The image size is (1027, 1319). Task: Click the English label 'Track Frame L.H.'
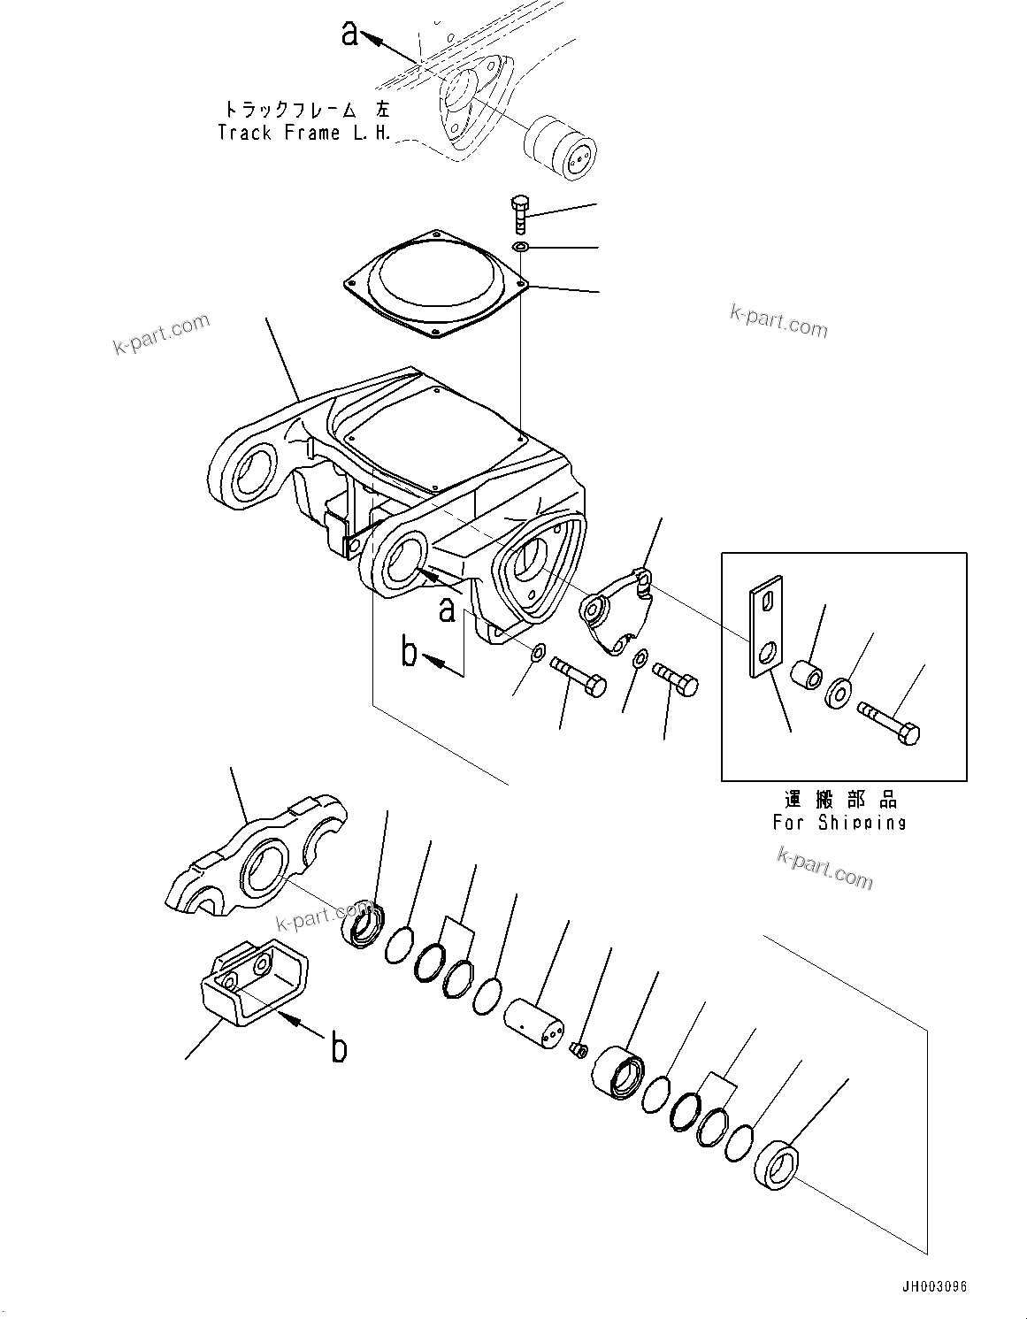(303, 134)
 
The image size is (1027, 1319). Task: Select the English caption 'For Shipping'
(839, 822)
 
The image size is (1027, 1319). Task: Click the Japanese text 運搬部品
(839, 800)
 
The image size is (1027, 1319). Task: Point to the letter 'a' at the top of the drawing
(350, 34)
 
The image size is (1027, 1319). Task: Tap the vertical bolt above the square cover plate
(519, 215)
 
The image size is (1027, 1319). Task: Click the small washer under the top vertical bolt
(520, 247)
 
